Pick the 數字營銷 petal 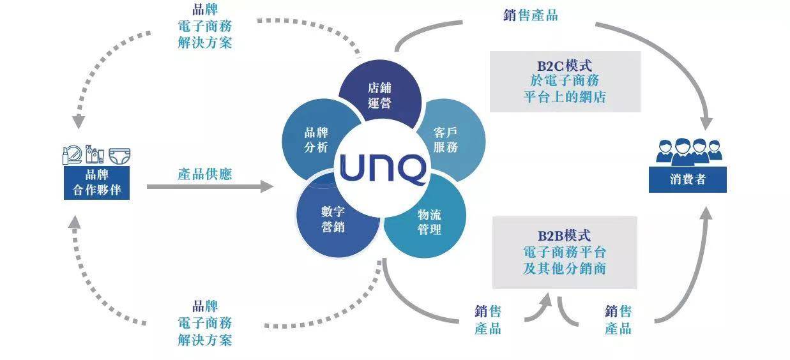click(x=333, y=219)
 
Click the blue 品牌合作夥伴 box click(x=96, y=183)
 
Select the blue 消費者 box click(x=687, y=179)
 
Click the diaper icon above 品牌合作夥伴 click(x=118, y=155)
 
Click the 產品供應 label click(x=204, y=174)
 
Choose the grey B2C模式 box click(x=565, y=82)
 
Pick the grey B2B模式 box click(x=565, y=252)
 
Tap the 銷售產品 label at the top click(x=530, y=15)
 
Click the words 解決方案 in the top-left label click(x=204, y=43)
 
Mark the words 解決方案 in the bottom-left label click(x=204, y=340)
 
